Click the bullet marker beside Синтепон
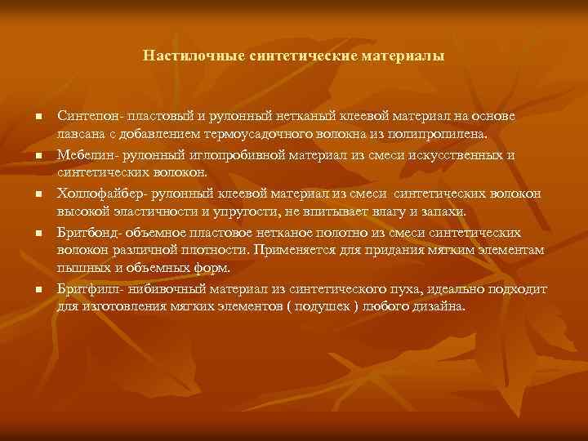(38, 119)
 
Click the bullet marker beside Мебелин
(38, 155)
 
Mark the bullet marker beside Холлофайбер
(38, 194)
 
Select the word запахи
(443, 212)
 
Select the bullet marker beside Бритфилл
(38, 290)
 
